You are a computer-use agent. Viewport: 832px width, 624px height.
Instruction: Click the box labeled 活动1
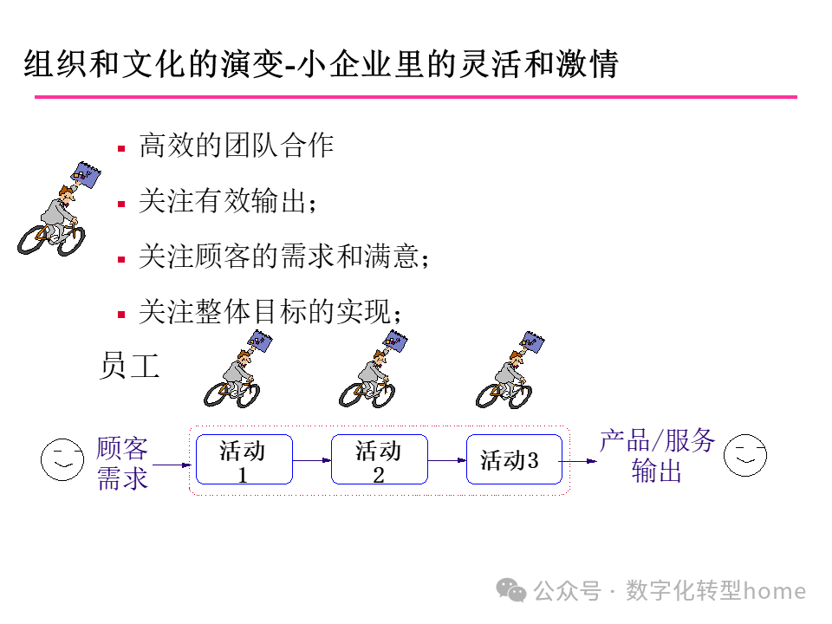click(x=244, y=459)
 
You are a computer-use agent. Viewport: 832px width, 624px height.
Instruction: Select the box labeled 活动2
click(x=379, y=459)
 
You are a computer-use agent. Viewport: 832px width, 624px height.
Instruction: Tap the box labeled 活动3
click(x=514, y=459)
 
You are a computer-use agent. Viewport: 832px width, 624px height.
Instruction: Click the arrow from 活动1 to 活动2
click(x=312, y=459)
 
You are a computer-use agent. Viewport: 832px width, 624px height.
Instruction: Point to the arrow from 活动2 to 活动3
click(x=447, y=459)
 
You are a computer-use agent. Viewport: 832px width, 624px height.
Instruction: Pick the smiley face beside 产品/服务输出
click(x=745, y=454)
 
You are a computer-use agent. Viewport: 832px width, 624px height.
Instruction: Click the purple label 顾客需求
click(x=122, y=464)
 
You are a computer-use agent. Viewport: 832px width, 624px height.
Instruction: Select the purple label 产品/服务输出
click(x=657, y=455)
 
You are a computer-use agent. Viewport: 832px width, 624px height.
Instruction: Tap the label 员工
click(x=130, y=366)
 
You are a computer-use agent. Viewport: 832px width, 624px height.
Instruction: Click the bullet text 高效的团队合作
click(x=236, y=146)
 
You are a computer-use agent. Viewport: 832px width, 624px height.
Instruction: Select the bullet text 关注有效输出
click(x=227, y=202)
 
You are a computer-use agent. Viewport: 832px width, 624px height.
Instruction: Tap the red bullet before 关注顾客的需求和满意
click(x=122, y=258)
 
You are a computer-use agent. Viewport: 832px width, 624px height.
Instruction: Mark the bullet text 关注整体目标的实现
click(x=270, y=312)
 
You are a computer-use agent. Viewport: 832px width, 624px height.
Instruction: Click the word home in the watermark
click(x=775, y=591)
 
